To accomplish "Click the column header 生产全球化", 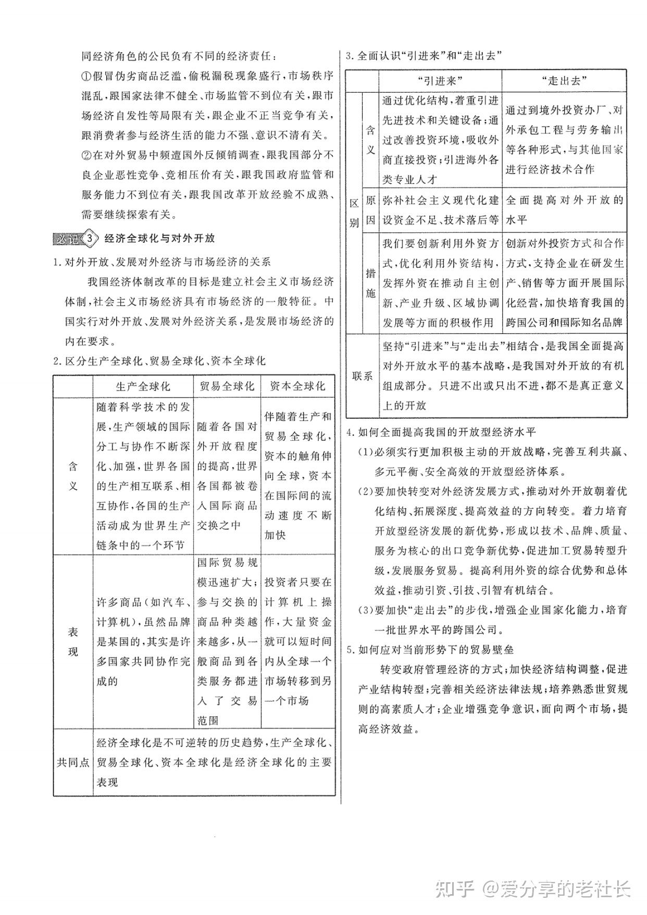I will click(143, 386).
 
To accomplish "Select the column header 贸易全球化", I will click(227, 386).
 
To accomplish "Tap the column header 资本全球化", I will click(297, 386).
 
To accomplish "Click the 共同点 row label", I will click(73, 762).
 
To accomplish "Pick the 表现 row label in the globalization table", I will click(73, 641).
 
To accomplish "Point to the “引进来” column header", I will click(440, 81).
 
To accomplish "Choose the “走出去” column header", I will click(564, 81).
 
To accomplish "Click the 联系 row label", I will click(363, 376).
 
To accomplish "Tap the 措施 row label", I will click(370, 283).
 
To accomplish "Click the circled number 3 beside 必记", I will click(91, 239).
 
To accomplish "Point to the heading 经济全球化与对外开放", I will click(160, 239).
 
